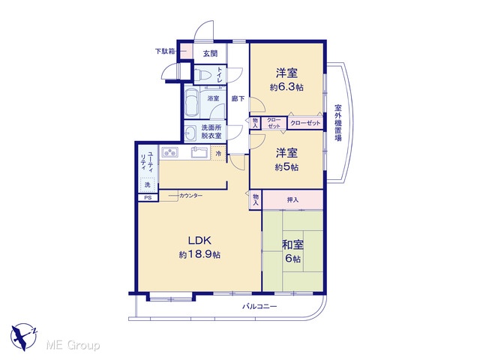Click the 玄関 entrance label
[210, 53]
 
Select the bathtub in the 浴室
[192, 102]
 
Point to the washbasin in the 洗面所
[191, 133]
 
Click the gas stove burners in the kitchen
[169, 152]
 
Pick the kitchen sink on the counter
[199, 151]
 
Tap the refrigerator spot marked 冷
[218, 153]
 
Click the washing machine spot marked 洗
[148, 185]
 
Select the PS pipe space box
[148, 198]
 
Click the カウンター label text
[190, 195]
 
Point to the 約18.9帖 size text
[199, 255]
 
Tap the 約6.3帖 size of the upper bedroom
[286, 87]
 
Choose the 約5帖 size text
[286, 167]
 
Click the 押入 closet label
[292, 200]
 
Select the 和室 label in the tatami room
[292, 245]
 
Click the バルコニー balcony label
[259, 306]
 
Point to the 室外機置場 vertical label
[338, 123]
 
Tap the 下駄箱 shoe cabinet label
[165, 51]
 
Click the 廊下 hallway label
[238, 98]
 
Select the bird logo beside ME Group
[24, 337]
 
